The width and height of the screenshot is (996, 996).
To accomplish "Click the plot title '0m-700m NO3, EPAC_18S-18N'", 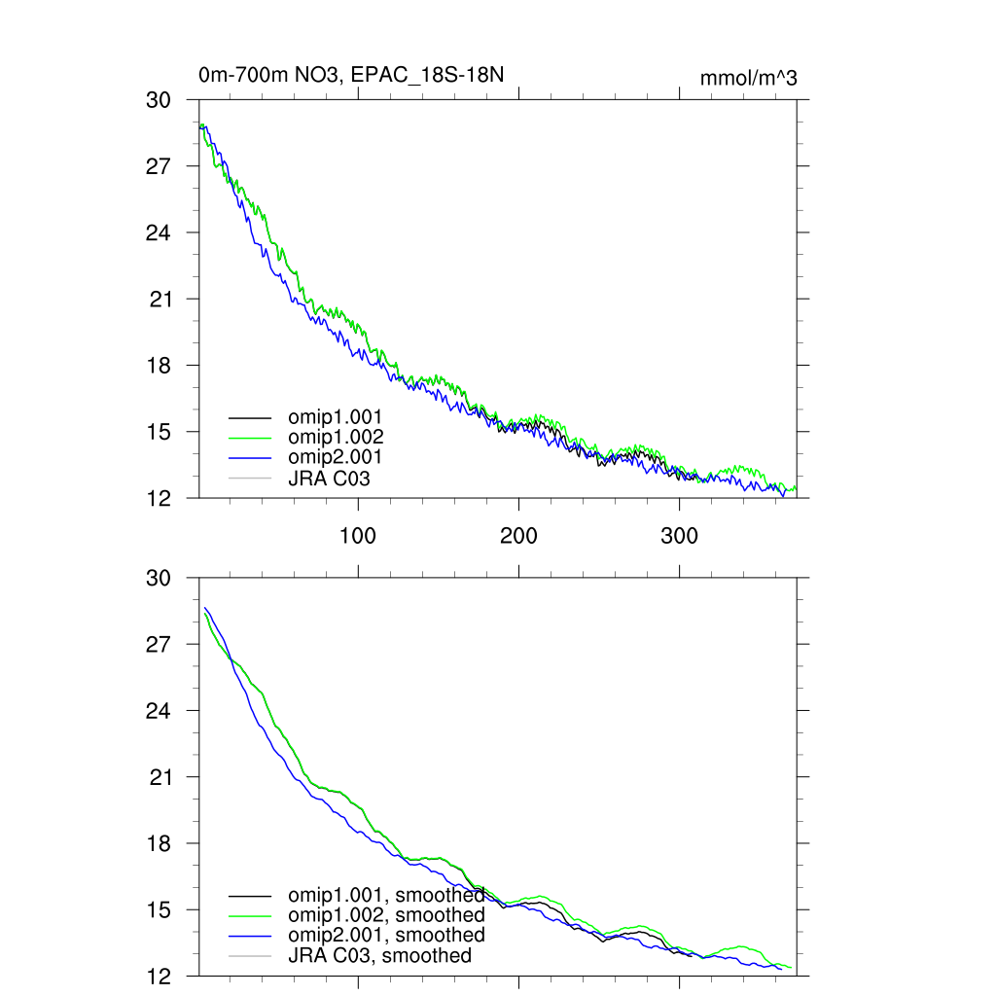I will coord(350,75).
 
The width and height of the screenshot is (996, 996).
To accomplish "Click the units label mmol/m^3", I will coord(748,79).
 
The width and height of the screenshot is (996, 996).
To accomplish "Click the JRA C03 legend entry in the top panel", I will coord(329,478).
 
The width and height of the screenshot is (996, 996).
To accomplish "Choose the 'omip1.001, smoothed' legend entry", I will coord(386,894).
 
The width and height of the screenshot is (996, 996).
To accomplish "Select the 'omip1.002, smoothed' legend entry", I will coord(386,914).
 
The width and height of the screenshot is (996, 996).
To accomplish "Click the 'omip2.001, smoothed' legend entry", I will coord(386,935).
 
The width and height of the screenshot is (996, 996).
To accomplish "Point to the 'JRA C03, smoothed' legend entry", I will coord(379,955).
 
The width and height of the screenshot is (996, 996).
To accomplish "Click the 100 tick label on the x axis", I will coord(358,536).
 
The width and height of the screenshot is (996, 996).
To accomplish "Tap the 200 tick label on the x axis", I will coord(518,536).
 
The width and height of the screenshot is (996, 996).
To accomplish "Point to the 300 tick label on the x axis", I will coord(679,536).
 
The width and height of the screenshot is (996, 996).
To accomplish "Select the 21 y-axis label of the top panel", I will coord(160,299).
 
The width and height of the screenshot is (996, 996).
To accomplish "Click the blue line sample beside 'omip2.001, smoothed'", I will coord(248,936).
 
